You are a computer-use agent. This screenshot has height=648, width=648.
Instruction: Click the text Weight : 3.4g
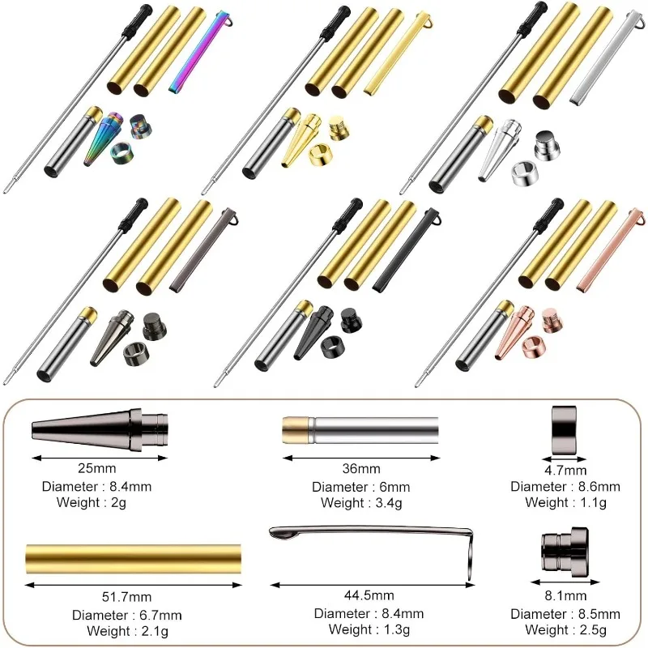click(360, 503)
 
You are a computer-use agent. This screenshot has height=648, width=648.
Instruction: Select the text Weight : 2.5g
click(565, 630)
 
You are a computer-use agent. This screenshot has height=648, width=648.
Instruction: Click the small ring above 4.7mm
click(565, 427)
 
